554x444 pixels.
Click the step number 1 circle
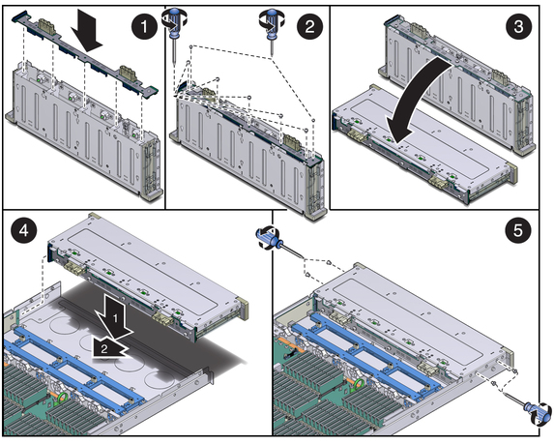144,26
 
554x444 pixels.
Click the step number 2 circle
309,26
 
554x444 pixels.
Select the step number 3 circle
518,26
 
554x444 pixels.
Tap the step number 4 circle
23,231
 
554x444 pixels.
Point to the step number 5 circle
517,231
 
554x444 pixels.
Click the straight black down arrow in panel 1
86,33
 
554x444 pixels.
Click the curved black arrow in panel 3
414,103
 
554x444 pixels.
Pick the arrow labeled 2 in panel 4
108,348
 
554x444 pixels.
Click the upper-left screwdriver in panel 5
279,243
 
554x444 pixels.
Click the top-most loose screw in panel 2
191,46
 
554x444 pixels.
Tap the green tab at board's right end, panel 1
153,91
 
